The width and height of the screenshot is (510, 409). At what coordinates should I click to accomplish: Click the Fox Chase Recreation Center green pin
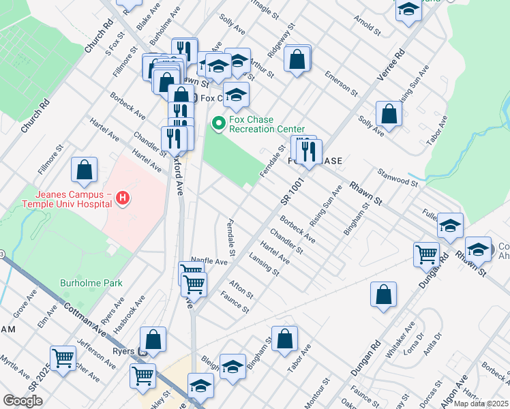point(219,123)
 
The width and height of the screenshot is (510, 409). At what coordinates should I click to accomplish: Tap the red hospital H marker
point(123,198)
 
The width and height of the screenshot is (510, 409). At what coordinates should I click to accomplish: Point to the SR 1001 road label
point(290,188)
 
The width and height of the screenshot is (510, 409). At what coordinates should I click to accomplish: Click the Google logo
point(22,400)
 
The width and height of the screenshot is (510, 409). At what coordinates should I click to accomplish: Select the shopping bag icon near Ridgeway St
point(297,59)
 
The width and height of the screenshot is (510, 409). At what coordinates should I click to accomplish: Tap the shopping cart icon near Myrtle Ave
point(63,357)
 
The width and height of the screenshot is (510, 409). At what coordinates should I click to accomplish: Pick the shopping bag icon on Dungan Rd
point(384,294)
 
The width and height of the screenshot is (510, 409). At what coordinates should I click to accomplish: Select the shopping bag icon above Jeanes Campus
point(84,171)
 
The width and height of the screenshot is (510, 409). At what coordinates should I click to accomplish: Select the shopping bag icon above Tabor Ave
point(284,339)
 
